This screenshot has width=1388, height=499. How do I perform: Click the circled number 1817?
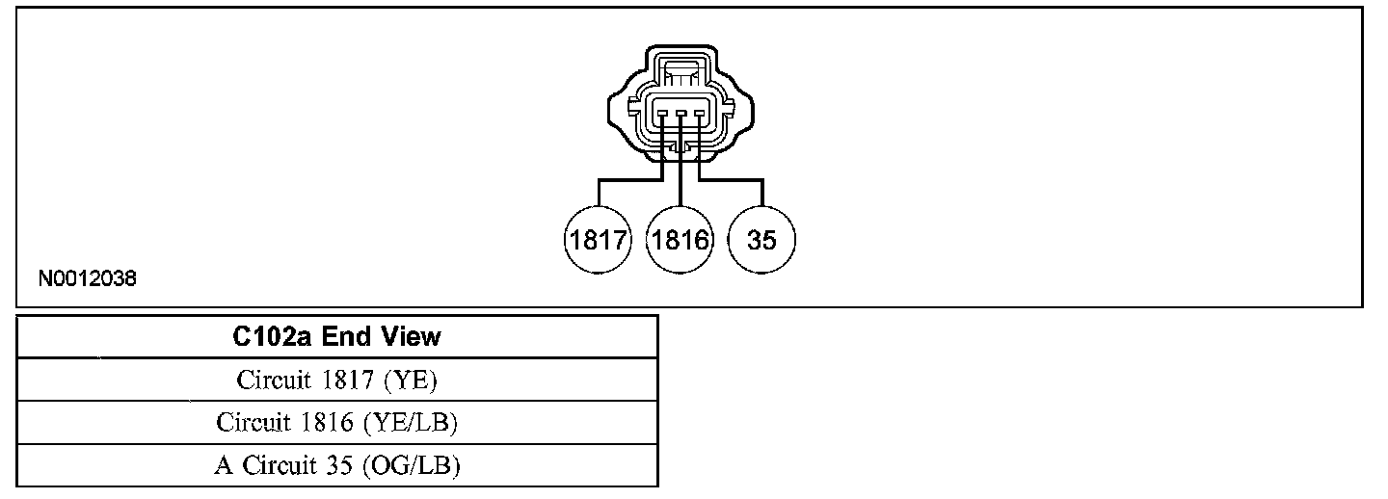[x=597, y=240]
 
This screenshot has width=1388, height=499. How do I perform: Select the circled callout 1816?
[x=681, y=240]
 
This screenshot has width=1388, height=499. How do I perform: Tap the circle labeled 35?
[x=761, y=240]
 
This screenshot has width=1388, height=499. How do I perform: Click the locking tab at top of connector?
[x=681, y=72]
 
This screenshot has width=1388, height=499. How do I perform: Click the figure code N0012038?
[x=88, y=279]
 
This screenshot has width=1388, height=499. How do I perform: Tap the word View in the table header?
[x=410, y=337]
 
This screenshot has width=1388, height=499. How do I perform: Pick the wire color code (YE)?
[x=411, y=381]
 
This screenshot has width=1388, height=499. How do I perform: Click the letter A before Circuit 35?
[x=224, y=466]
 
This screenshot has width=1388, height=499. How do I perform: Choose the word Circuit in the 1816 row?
[x=254, y=423]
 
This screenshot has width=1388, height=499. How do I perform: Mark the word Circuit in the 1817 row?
[x=274, y=381]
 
